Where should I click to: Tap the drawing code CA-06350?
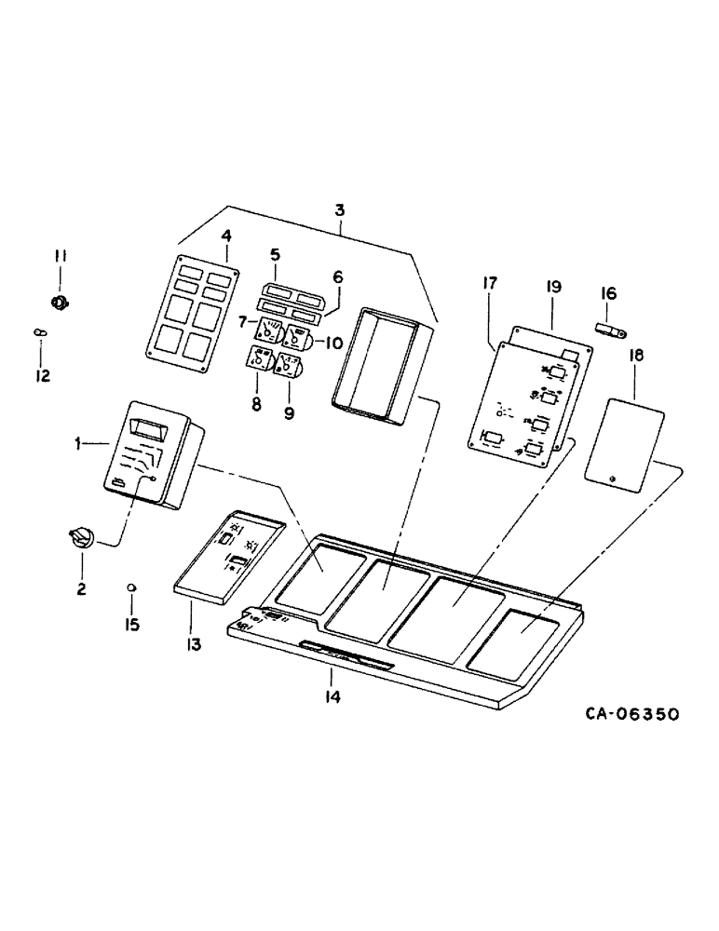(631, 714)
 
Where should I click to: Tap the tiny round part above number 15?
(132, 587)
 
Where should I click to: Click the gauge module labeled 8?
(258, 360)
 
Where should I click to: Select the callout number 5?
(275, 253)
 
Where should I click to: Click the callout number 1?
(82, 445)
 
